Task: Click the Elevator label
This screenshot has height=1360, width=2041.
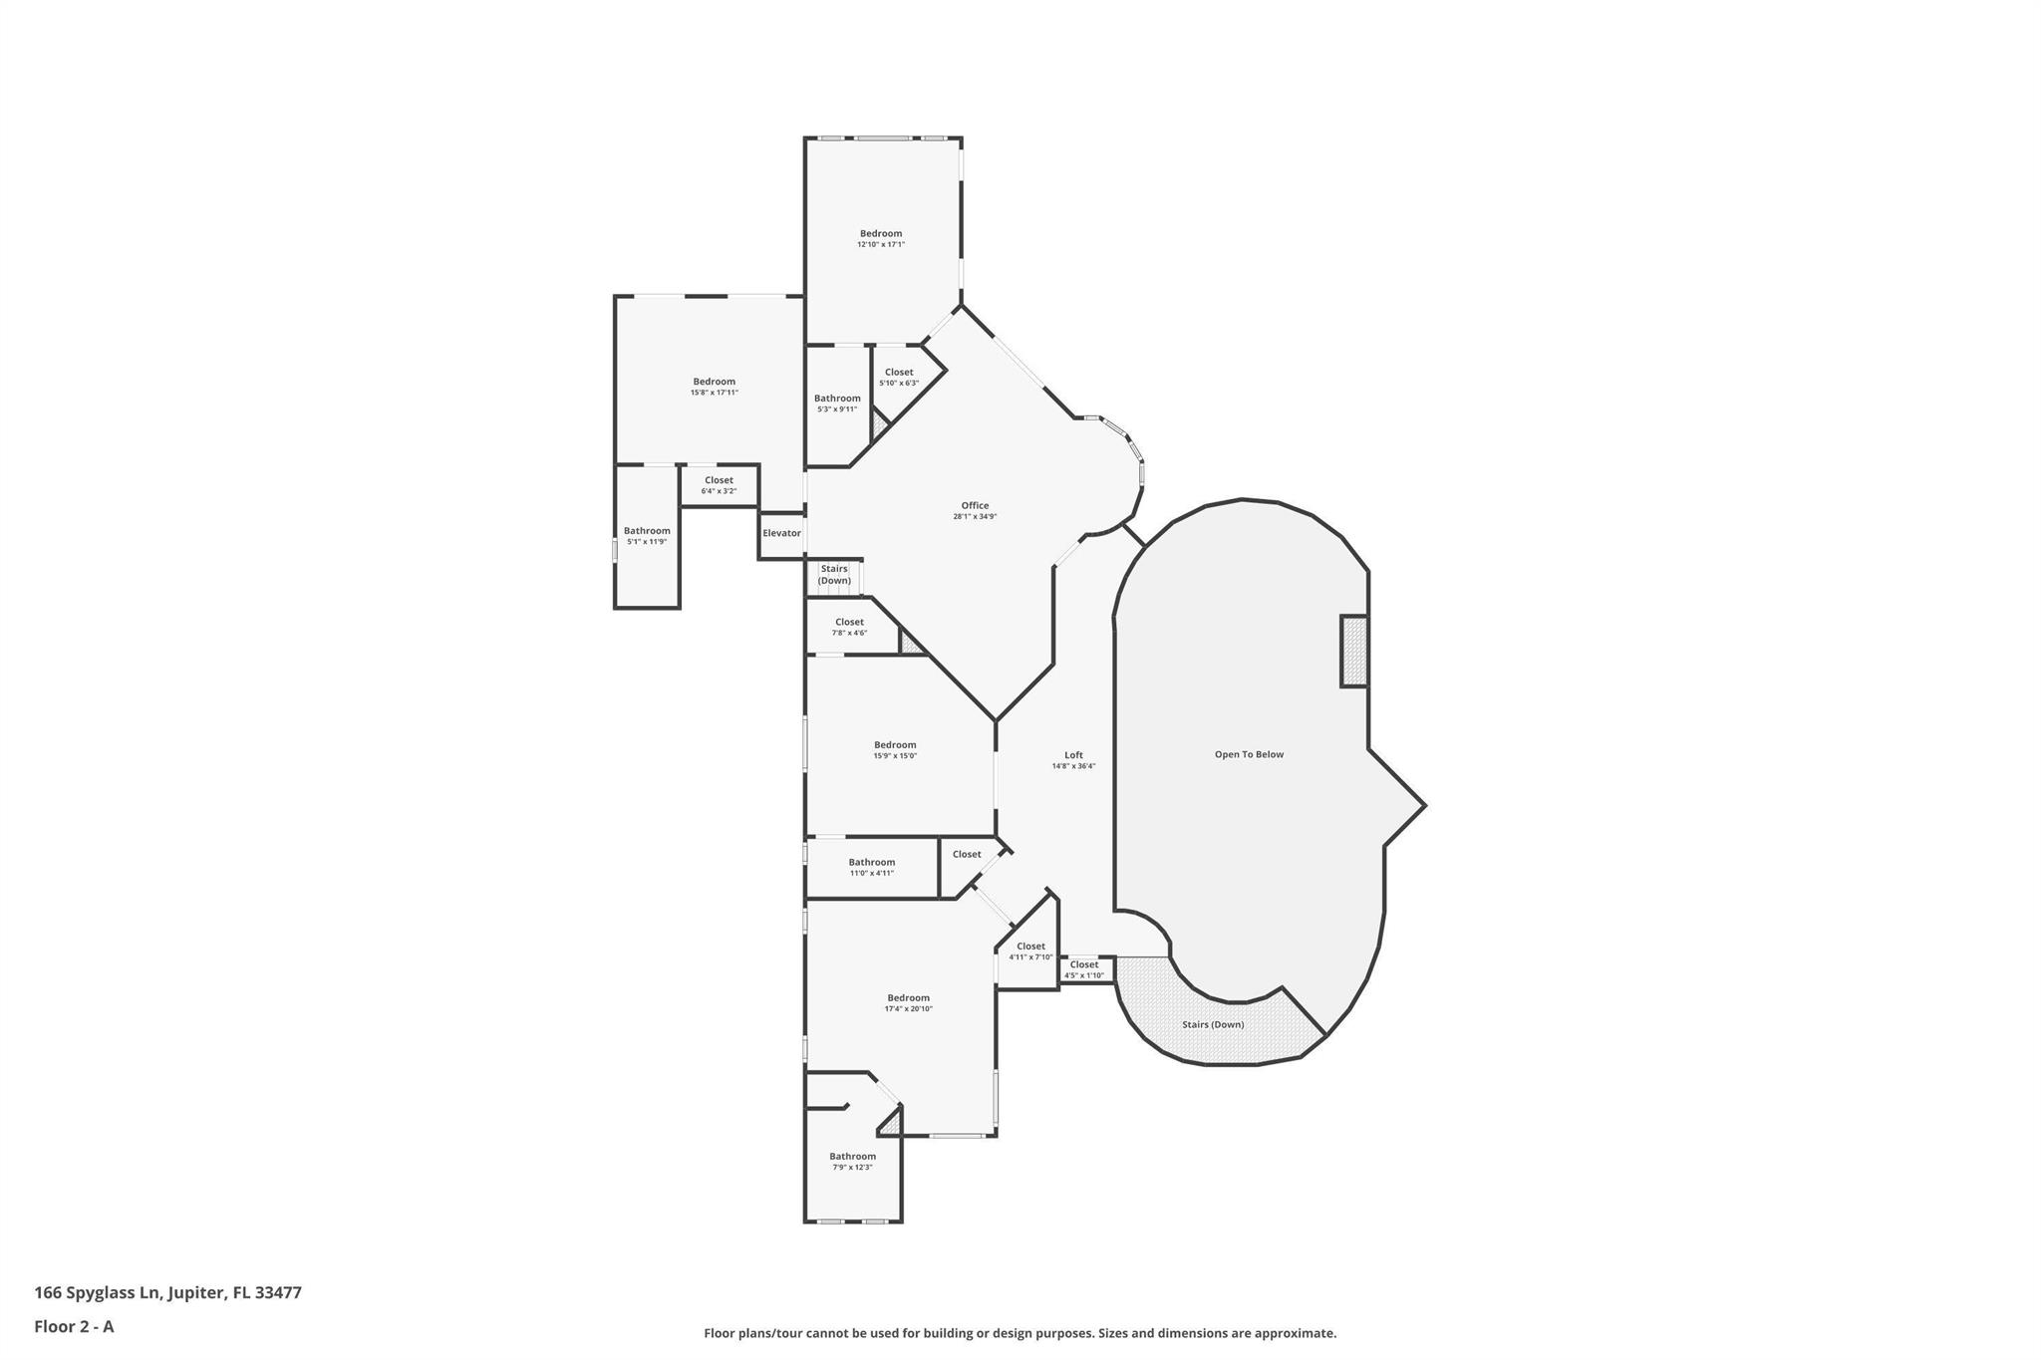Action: (781, 533)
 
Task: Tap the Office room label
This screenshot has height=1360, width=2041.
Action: (975, 505)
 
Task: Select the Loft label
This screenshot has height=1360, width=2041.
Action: (1073, 755)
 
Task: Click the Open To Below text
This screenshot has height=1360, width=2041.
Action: (1249, 754)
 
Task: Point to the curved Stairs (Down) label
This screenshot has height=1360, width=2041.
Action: (1213, 1024)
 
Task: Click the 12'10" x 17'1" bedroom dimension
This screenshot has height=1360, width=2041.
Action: (881, 244)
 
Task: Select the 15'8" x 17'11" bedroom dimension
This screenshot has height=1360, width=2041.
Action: (715, 393)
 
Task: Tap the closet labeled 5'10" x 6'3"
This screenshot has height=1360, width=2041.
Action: (899, 378)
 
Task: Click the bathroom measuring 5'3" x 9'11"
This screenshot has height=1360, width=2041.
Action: (837, 404)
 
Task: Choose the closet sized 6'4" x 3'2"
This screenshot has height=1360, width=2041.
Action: (719, 485)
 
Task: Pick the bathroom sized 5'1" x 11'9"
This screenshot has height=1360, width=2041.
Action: (647, 536)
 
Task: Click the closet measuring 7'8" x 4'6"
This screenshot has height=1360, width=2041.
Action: (849, 627)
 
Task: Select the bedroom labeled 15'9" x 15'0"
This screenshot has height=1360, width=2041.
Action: (895, 750)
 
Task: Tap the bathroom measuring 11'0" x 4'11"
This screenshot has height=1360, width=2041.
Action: (872, 867)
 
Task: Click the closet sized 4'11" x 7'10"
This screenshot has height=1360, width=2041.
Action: (1030, 952)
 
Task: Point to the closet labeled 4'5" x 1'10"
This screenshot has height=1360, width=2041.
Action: (1084, 969)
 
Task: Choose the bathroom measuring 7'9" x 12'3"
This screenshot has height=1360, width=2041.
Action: (852, 1162)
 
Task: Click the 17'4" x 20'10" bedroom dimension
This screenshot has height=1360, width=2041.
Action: (908, 1008)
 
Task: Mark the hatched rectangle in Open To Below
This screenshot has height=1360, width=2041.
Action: (1353, 651)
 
